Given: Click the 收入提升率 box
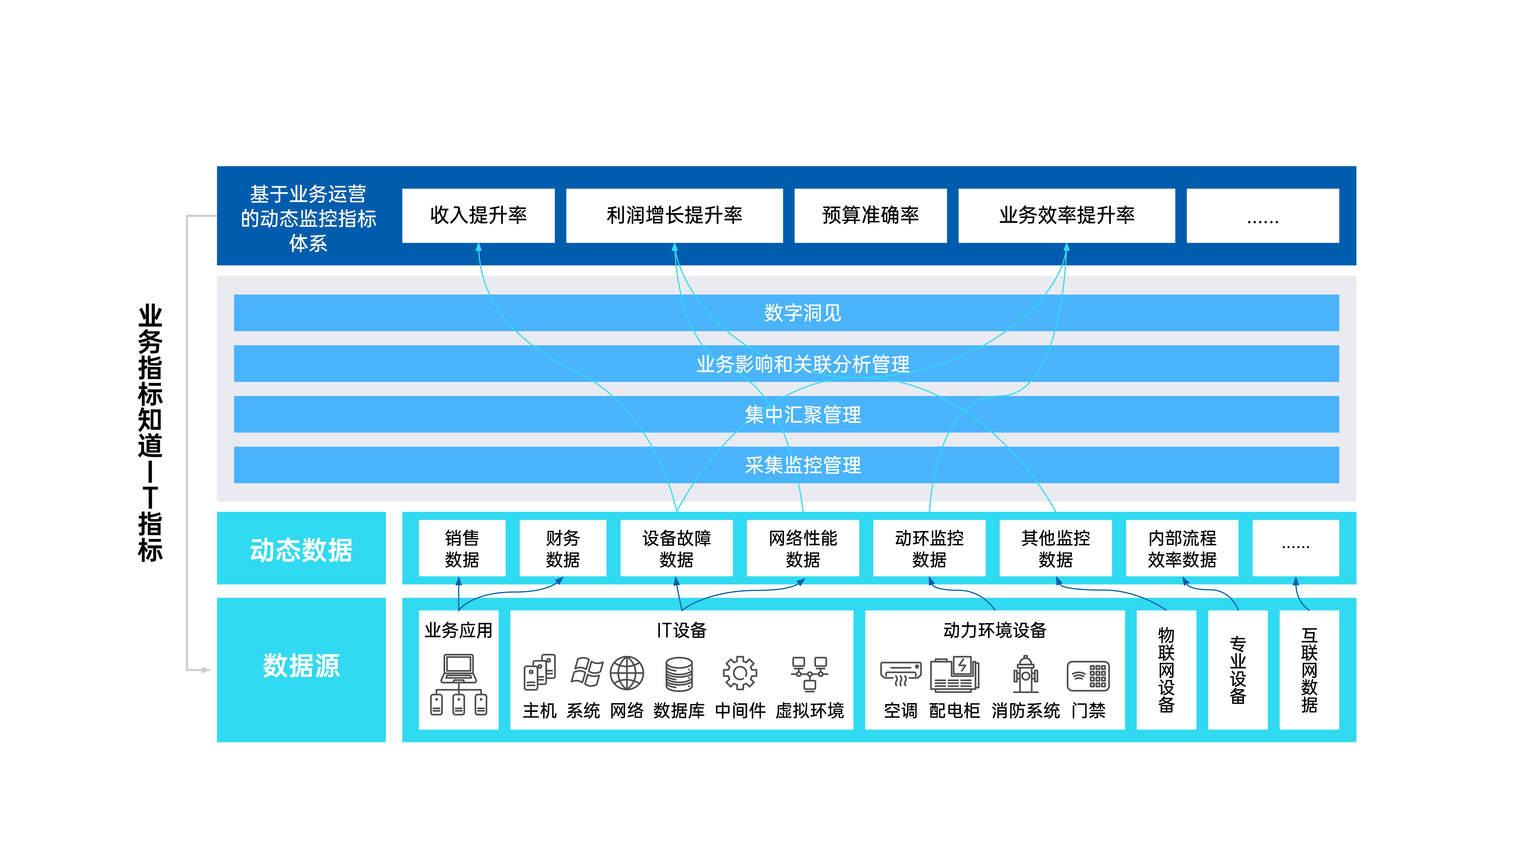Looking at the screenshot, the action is click(478, 216).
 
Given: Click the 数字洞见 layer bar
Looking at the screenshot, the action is click(787, 313).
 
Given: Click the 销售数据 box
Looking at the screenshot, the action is click(462, 548).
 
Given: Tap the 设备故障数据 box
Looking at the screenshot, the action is click(676, 548).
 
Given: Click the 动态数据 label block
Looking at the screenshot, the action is click(301, 548).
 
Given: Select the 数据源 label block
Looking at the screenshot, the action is click(301, 669).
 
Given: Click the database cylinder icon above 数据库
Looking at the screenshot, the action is click(679, 674).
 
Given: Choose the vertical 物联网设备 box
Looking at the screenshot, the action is click(1166, 669).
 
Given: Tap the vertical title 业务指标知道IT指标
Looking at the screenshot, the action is click(150, 433).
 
